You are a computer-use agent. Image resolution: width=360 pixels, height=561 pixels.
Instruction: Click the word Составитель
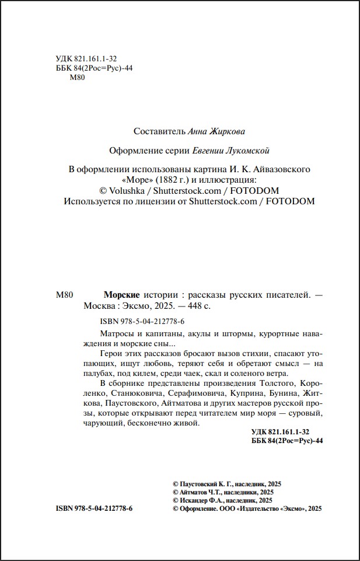(x=159, y=131)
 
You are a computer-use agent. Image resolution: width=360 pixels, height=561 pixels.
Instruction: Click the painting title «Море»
(x=136, y=180)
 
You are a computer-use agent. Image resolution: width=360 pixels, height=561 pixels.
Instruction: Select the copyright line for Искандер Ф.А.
(x=223, y=500)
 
